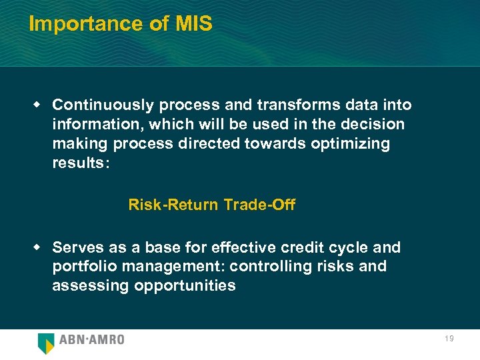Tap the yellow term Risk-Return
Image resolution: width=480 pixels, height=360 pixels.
point(173,205)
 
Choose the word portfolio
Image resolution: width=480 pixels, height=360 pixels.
point(82,267)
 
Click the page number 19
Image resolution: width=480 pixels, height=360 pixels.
point(449,339)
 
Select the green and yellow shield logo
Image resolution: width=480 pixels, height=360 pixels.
point(46,342)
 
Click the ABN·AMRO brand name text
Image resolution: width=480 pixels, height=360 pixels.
point(92,340)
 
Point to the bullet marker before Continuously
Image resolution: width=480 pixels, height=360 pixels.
point(38,104)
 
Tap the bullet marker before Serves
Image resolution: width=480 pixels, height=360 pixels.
point(38,247)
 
